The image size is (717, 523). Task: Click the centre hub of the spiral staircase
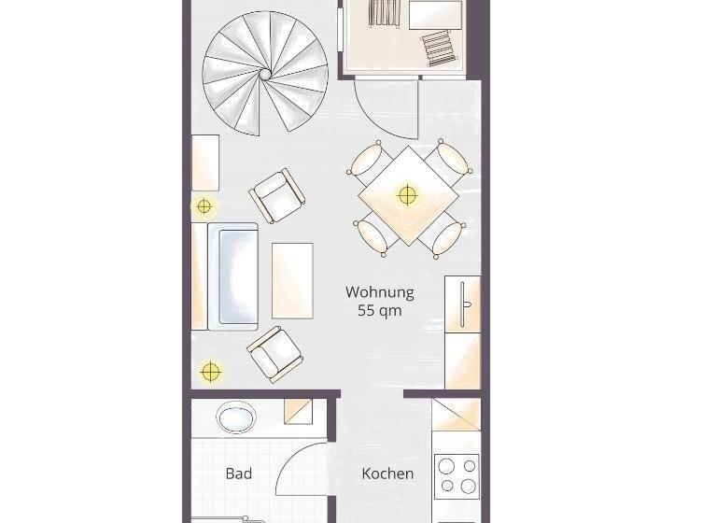click(265, 74)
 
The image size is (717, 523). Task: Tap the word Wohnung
click(380, 292)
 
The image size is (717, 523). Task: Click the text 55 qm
click(380, 311)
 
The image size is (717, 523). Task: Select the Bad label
click(239, 474)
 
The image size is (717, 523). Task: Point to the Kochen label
click(387, 474)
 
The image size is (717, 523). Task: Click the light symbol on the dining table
click(407, 195)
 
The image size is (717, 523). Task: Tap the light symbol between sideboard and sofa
click(204, 206)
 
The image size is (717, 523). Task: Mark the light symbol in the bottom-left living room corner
click(210, 372)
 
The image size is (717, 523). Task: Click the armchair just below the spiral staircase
click(277, 196)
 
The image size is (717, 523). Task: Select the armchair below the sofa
click(274, 354)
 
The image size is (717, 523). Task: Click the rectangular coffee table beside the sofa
click(292, 280)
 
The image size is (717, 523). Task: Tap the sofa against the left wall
click(225, 276)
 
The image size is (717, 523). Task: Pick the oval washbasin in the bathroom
click(236, 417)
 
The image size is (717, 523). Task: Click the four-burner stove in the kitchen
click(457, 476)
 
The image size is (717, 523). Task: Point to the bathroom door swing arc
click(291, 457)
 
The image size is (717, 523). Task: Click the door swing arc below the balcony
click(374, 120)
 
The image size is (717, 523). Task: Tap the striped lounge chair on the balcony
click(440, 48)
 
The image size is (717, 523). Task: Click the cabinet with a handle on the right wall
click(462, 304)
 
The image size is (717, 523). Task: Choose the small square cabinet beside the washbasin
click(298, 411)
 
